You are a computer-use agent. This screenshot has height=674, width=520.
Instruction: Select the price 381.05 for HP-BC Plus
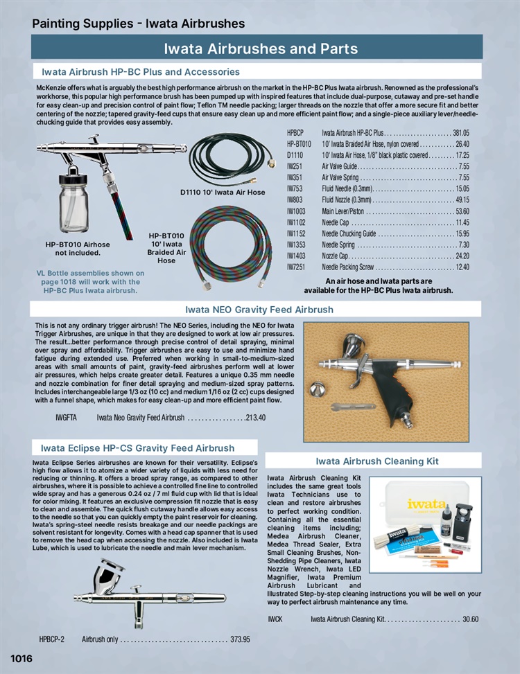tap(461, 132)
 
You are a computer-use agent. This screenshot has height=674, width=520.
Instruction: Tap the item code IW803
tap(296, 199)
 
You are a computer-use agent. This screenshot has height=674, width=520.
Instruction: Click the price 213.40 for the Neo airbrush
tap(256, 418)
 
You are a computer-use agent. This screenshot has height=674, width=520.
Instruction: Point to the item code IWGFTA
tap(66, 418)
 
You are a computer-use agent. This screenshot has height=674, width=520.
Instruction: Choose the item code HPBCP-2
tap(52, 639)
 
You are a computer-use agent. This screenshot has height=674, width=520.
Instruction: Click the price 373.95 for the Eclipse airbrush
tap(240, 639)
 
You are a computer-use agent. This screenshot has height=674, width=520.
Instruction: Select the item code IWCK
tap(275, 619)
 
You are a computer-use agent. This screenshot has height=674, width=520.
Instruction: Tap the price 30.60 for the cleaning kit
tap(470, 619)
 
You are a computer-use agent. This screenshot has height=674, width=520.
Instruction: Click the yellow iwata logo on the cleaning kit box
tap(426, 504)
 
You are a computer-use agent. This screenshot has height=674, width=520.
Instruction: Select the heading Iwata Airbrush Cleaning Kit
tap(377, 461)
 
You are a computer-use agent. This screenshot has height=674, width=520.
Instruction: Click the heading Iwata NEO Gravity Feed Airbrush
tap(259, 309)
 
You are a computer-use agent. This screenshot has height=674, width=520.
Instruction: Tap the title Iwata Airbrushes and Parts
tap(261, 48)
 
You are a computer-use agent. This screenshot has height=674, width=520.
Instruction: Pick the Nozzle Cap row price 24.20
tap(461, 256)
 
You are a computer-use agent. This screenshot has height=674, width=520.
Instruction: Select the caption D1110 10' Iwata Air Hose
tap(223, 192)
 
